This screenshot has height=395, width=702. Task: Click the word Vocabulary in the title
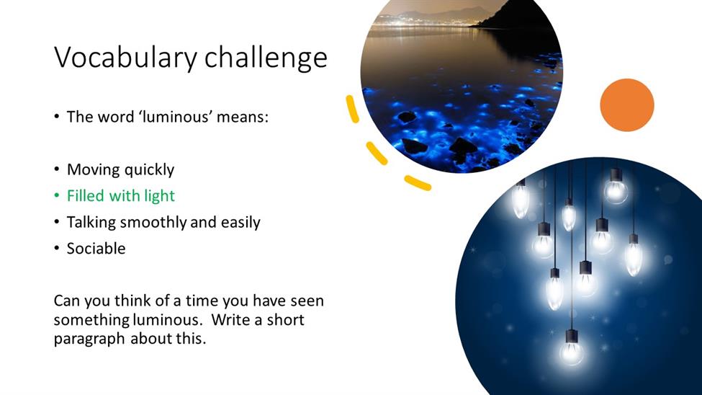(125, 58)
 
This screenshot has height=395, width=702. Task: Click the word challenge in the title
(266, 58)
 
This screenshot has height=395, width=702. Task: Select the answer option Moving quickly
(120, 169)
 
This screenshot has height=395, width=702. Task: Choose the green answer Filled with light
(121, 196)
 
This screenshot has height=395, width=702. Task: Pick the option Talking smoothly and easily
(163, 223)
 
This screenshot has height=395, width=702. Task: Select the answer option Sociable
(96, 249)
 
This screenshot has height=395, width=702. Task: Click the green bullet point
(56, 196)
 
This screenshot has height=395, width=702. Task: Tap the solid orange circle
(627, 105)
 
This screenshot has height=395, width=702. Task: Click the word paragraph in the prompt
(89, 339)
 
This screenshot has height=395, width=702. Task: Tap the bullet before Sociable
(56, 249)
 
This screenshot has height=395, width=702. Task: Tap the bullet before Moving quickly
(56, 169)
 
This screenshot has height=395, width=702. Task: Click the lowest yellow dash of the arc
(418, 183)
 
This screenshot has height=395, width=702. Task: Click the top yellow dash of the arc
(352, 109)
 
